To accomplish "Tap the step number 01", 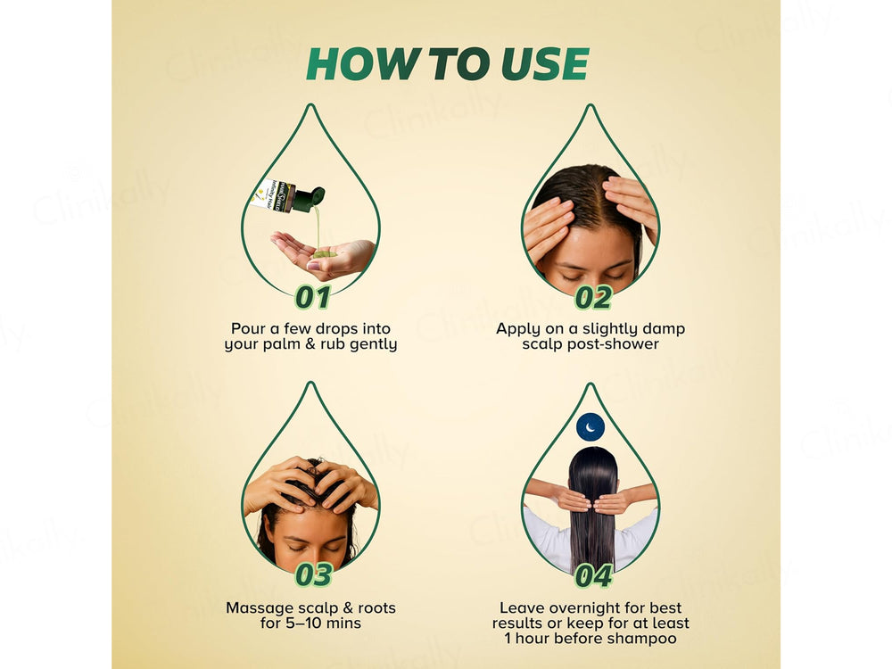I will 312,297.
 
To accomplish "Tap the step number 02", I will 592,297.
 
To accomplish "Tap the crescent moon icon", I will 590,426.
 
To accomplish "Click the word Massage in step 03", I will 259,607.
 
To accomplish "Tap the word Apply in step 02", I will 518,329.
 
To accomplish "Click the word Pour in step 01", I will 248,329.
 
